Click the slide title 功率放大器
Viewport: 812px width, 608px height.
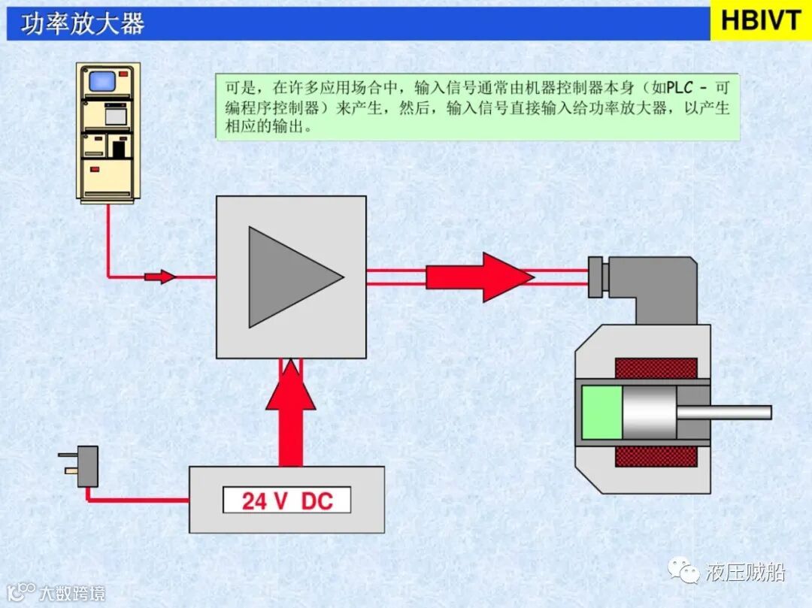(83, 24)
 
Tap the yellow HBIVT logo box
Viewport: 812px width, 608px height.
(760, 21)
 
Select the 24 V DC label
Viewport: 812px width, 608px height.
(286, 501)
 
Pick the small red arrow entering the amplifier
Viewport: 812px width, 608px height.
(159, 277)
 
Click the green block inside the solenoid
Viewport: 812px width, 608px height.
(601, 412)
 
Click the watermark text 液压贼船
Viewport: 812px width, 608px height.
(745, 573)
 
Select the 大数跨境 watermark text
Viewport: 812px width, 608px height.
(72, 593)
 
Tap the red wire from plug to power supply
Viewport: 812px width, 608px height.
(135, 500)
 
